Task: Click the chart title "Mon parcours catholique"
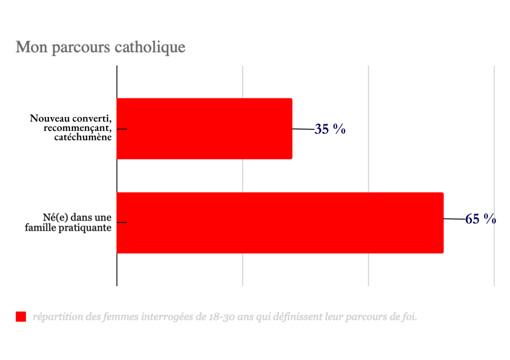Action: pyautogui.click(x=101, y=47)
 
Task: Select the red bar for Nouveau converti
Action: pyautogui.click(x=204, y=128)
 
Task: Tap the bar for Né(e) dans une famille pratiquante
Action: pyautogui.click(x=280, y=223)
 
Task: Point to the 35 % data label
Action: pyautogui.click(x=330, y=129)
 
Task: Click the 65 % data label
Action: pyautogui.click(x=480, y=219)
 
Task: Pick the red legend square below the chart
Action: pyautogui.click(x=21, y=317)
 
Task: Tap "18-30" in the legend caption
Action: pyautogui.click(x=220, y=317)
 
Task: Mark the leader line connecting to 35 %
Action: pyautogui.click(x=303, y=129)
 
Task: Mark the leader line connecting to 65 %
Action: pyautogui.click(x=454, y=219)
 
